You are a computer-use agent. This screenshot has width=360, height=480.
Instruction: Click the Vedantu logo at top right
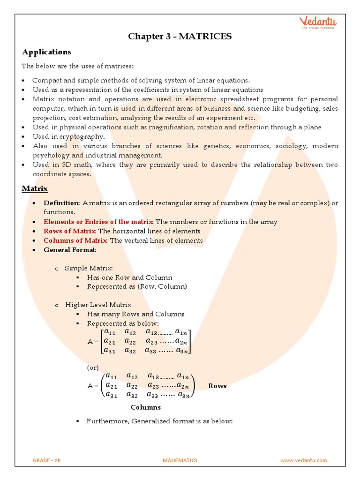[x=318, y=23]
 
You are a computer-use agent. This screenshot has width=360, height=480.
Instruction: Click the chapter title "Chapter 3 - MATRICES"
[x=180, y=36]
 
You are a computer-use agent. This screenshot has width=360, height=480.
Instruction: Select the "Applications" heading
[x=46, y=52]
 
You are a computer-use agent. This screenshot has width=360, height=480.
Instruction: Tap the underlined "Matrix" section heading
[x=35, y=188]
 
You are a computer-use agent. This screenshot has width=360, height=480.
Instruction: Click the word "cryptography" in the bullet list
[x=85, y=136]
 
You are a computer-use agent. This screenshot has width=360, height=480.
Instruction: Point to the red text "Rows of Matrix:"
[x=70, y=231]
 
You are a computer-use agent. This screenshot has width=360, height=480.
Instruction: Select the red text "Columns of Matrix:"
[x=76, y=240]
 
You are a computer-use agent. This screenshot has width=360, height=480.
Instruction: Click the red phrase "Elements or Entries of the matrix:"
[x=98, y=222]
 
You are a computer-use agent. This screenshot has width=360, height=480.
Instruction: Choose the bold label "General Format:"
[x=70, y=250]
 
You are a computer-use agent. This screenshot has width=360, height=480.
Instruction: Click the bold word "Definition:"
[x=62, y=203]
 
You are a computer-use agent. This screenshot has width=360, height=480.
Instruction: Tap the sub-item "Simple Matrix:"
[x=89, y=268]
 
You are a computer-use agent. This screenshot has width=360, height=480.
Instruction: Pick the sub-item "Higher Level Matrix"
[x=98, y=305]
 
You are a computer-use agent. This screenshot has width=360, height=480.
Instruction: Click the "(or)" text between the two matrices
[x=93, y=368]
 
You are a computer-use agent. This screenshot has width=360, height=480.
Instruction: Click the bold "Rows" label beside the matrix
[x=217, y=386]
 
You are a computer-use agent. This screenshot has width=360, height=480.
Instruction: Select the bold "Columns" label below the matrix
[x=145, y=407]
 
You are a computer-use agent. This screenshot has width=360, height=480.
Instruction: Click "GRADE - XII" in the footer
[x=47, y=460]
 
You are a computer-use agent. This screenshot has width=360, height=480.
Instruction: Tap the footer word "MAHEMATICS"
[x=180, y=460]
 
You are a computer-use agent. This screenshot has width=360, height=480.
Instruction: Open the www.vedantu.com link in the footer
[x=303, y=460]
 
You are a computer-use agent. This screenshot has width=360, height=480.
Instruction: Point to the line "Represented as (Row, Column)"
[x=137, y=286]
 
